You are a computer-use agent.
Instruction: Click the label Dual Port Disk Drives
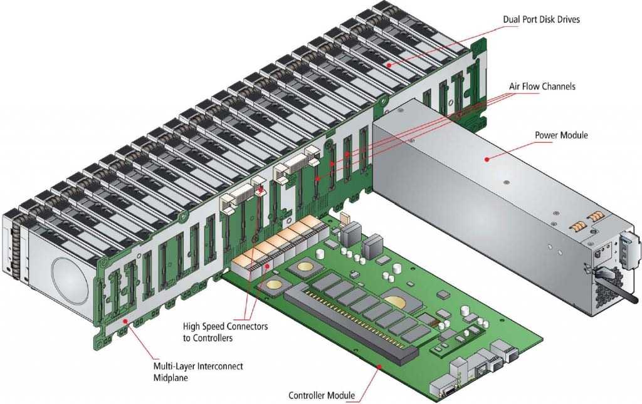point(541,19)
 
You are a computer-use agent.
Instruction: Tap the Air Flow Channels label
point(542,86)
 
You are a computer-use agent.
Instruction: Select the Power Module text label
point(561,135)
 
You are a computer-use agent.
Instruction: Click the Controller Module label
point(322,395)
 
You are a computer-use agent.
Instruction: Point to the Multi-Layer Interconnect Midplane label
point(197,371)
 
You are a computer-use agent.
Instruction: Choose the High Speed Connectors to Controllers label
point(225,332)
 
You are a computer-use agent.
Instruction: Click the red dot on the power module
point(487,159)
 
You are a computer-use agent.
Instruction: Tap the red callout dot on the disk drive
point(389,65)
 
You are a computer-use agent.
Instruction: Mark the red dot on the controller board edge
point(379,367)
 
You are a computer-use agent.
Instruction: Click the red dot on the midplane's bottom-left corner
point(125,321)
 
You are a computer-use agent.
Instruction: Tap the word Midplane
point(171,378)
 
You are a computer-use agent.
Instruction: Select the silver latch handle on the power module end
point(630,251)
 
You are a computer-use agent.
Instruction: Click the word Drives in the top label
point(568,19)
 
